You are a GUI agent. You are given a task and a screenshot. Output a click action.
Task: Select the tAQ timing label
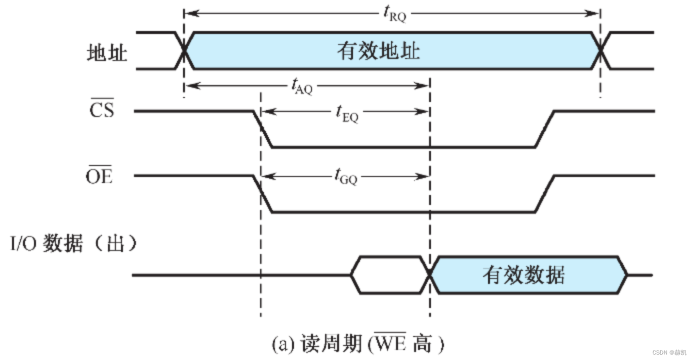pyautogui.click(x=302, y=87)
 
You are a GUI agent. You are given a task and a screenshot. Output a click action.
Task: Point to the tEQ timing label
pyautogui.click(x=346, y=114)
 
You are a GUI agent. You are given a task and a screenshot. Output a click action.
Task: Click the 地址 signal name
pyautogui.click(x=106, y=52)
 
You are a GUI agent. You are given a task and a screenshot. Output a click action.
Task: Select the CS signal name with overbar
pyautogui.click(x=102, y=109)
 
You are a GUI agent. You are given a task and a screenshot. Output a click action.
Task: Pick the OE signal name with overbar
pyautogui.click(x=99, y=176)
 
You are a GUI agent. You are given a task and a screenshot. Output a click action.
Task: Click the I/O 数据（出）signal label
pyautogui.click(x=74, y=245)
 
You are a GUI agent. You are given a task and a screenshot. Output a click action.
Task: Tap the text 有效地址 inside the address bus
pyautogui.click(x=378, y=51)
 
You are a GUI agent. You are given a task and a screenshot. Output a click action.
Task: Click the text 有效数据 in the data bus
pyautogui.click(x=523, y=275)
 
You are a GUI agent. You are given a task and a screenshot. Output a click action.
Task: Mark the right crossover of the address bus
pyautogui.click(x=600, y=50)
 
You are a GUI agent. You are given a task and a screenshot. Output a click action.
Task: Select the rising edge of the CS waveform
pyautogui.click(x=544, y=129)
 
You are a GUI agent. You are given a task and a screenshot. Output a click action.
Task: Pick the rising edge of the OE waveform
pyautogui.click(x=544, y=194)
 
